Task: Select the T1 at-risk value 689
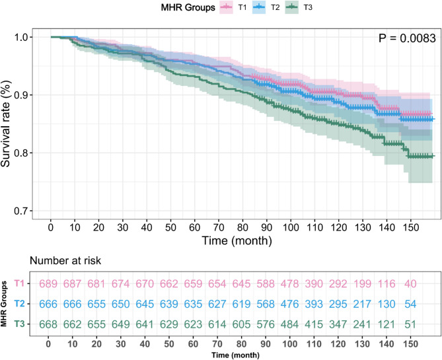click(x=48, y=284)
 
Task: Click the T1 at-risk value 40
click(x=412, y=284)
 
